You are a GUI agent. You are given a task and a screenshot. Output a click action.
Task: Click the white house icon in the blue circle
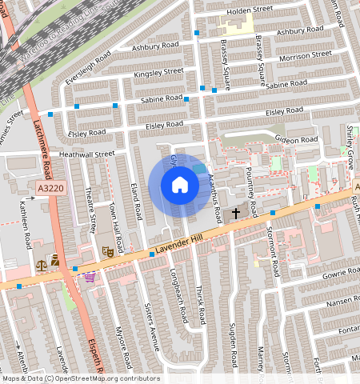tap(180, 186)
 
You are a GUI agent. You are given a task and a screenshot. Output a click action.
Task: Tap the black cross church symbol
tap(235, 214)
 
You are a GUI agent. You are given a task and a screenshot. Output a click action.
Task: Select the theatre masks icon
tap(106, 250)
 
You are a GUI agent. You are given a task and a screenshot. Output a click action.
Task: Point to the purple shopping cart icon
tap(90, 277)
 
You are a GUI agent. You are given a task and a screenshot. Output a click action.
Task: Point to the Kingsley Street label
tap(160, 74)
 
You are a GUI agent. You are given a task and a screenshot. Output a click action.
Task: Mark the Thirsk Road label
tap(200, 304)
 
